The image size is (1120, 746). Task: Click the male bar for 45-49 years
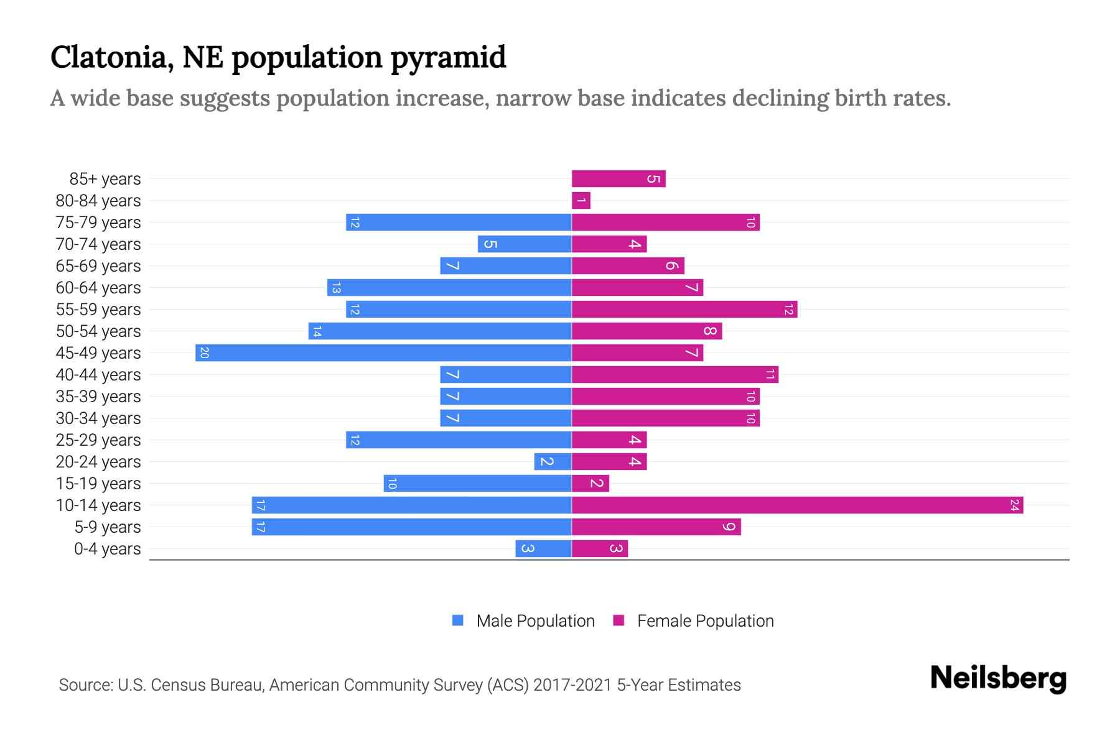coord(383,352)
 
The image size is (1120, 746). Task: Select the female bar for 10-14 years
coord(797,505)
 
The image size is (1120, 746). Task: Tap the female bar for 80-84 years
coord(581,200)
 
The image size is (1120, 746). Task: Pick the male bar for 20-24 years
coord(553,461)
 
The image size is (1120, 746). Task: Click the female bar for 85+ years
coord(618,178)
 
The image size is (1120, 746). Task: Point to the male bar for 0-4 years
coord(543,548)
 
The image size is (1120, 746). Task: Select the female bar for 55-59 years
coord(684,309)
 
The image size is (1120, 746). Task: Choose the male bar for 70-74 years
coord(525,244)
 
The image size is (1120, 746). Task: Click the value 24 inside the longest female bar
coord(1014,505)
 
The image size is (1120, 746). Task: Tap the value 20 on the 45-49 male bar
coord(204,352)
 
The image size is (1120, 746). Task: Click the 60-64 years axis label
coord(98,288)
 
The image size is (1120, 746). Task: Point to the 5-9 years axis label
coord(108,527)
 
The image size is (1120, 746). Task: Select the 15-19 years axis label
coord(98,484)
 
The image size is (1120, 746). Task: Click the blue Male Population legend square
coord(458,620)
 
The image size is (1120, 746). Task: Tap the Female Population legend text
coord(705,620)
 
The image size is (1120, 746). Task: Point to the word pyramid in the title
coord(448,57)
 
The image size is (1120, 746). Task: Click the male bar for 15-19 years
coord(477,483)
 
